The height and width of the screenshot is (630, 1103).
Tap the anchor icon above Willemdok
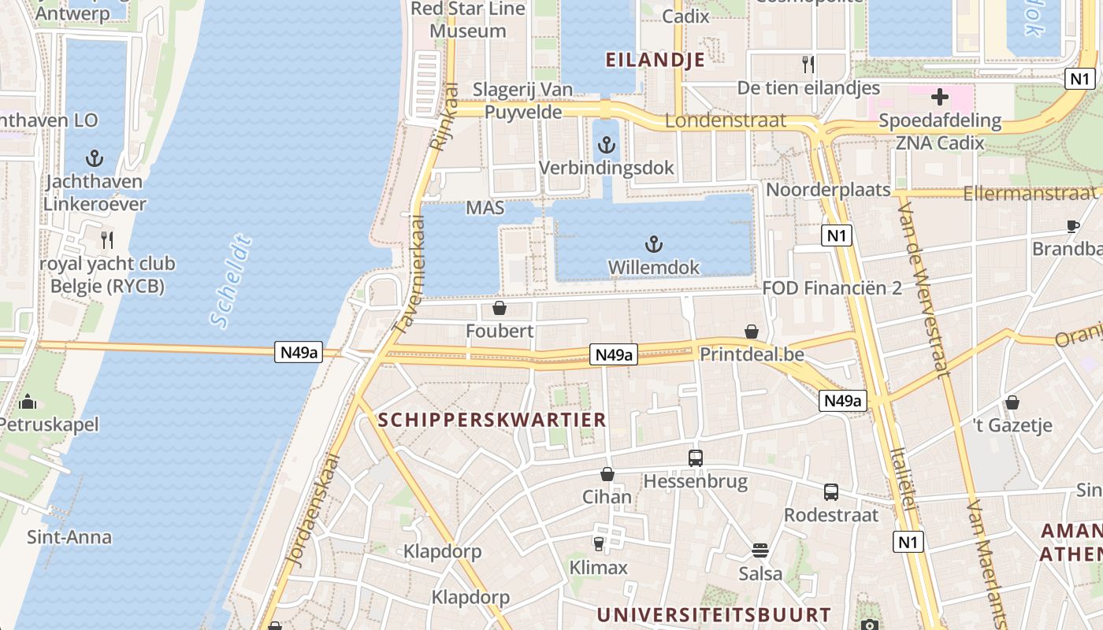pos(653,244)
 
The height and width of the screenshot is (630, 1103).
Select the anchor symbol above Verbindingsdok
pos(606,144)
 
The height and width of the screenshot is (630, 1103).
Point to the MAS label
pos(485,208)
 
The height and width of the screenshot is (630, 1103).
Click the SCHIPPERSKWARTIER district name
pos(492,420)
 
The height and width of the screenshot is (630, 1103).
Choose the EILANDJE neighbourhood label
pos(655,60)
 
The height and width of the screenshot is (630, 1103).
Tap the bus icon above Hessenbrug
pos(695,458)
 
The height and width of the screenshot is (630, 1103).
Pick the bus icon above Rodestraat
pos(830,492)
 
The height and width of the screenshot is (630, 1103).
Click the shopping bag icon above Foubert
pos(499,307)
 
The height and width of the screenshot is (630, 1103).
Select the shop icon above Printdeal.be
pos(752,332)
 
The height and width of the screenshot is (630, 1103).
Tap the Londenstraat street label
pos(726,120)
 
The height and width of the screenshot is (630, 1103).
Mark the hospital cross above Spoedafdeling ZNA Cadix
pos(939,98)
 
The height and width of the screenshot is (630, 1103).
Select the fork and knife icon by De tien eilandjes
pos(808,64)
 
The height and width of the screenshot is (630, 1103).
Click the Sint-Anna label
pos(69,538)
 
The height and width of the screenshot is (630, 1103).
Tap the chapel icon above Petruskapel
pos(28,402)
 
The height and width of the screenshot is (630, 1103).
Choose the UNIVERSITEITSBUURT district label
pos(714,615)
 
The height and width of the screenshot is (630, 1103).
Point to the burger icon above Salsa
pos(760,550)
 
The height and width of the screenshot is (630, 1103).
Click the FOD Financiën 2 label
pos(832,288)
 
